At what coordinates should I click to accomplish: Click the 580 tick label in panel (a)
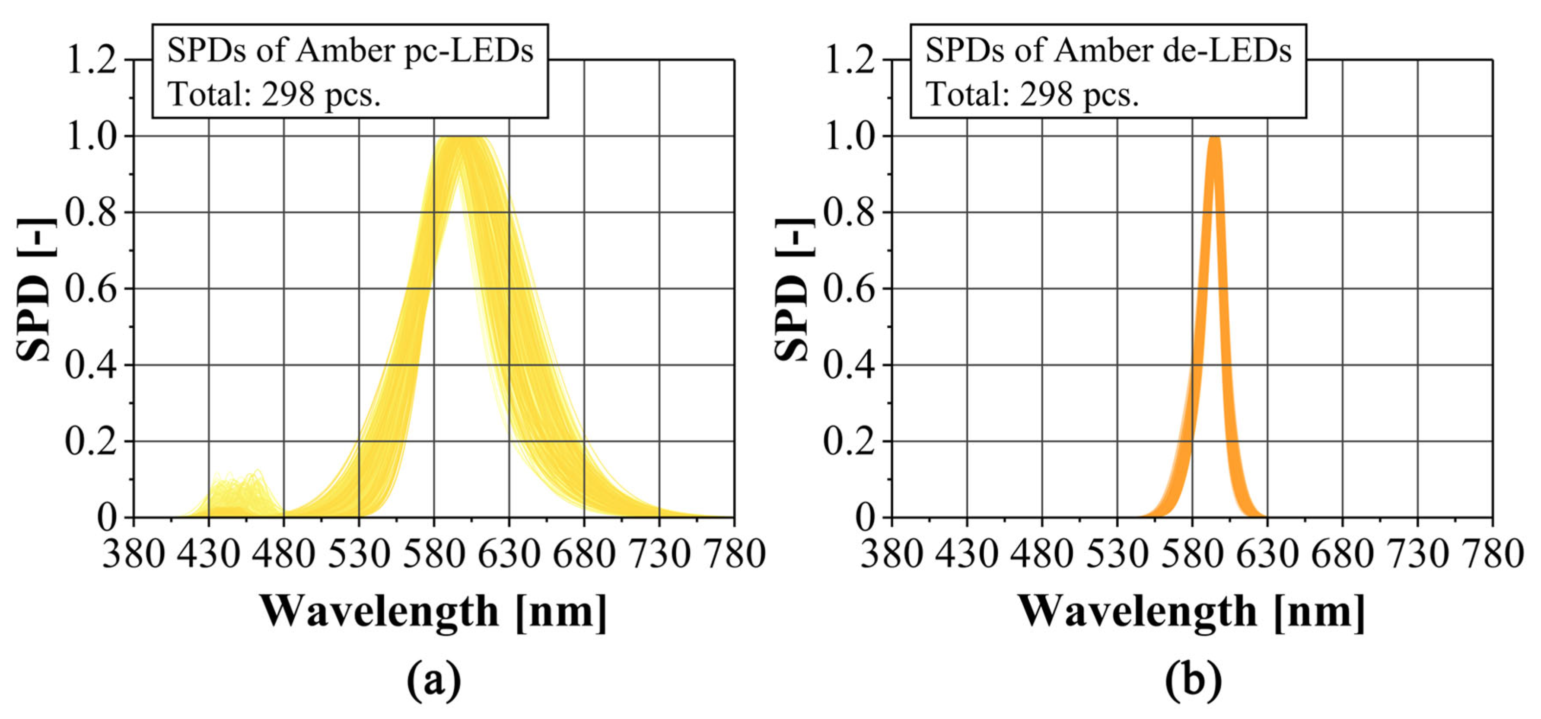click(x=434, y=554)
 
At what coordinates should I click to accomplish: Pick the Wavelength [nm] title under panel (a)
click(x=434, y=612)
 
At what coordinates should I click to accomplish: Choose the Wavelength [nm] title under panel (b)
click(x=1192, y=612)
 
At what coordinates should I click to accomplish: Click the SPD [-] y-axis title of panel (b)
click(x=793, y=289)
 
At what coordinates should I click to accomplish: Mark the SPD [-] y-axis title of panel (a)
click(x=35, y=289)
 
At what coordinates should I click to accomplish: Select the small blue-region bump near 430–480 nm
click(x=239, y=494)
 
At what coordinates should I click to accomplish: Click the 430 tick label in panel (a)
click(x=209, y=554)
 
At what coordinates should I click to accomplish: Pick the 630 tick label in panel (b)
click(x=1267, y=554)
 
